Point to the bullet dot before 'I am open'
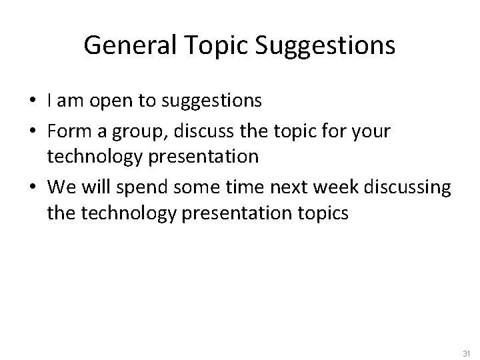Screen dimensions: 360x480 point(34,101)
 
